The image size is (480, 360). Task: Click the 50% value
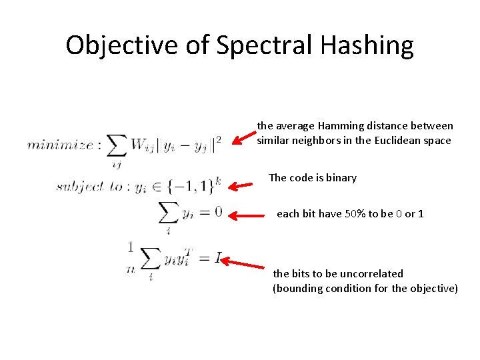(x=355, y=214)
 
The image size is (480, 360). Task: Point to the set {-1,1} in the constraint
(x=195, y=186)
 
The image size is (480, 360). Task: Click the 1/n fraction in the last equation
(x=130, y=257)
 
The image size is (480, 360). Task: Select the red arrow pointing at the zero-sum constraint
(x=251, y=215)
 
